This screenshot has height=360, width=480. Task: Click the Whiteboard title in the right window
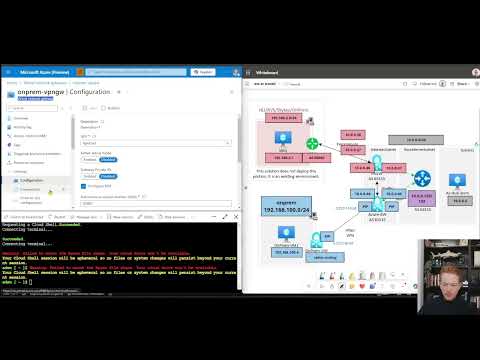coord(266,73)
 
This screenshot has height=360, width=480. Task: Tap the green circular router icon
coord(312,144)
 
